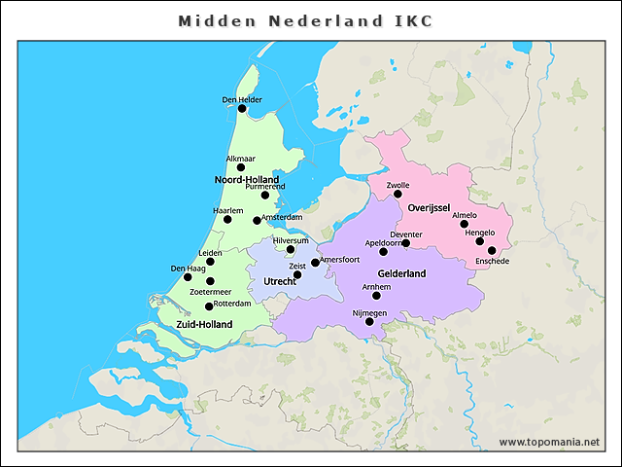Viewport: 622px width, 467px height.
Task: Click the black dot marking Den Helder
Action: click(x=242, y=109)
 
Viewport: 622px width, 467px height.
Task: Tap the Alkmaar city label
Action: click(x=241, y=158)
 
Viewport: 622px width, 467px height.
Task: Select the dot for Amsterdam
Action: click(x=258, y=220)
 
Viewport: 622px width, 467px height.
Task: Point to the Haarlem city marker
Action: click(x=227, y=220)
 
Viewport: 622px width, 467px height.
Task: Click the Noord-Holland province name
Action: click(x=246, y=180)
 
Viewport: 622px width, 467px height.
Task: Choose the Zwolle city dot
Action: click(x=397, y=195)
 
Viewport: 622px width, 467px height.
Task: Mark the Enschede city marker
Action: click(x=492, y=251)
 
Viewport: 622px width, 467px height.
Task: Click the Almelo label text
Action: click(x=465, y=215)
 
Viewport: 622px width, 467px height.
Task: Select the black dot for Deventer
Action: click(x=406, y=243)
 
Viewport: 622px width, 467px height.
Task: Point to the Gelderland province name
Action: click(x=401, y=274)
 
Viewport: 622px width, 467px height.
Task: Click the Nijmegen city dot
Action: click(x=369, y=322)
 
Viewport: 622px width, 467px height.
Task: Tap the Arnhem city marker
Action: click(x=377, y=296)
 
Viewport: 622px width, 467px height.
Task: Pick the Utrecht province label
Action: click(x=287, y=281)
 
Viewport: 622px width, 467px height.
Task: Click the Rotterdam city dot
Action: click(x=209, y=306)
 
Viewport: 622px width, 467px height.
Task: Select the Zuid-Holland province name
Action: click(x=204, y=324)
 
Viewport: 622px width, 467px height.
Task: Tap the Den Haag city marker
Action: click(x=188, y=277)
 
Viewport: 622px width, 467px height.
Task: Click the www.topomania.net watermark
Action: click(x=549, y=443)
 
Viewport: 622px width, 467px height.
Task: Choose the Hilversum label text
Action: click(x=291, y=239)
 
